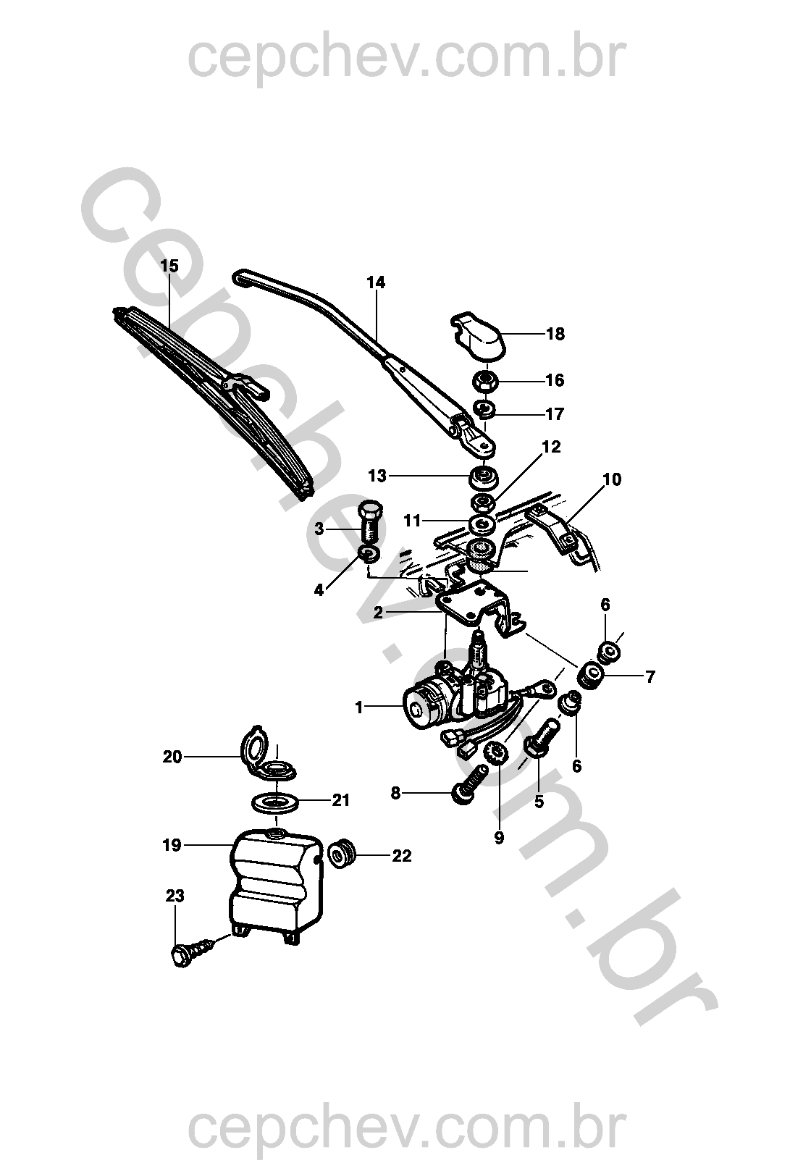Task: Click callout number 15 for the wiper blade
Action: [169, 266]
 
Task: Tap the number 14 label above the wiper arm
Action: [376, 282]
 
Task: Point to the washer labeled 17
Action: [486, 411]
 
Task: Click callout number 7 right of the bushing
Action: [650, 677]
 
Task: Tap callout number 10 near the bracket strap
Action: [612, 479]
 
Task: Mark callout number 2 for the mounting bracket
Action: [378, 613]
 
